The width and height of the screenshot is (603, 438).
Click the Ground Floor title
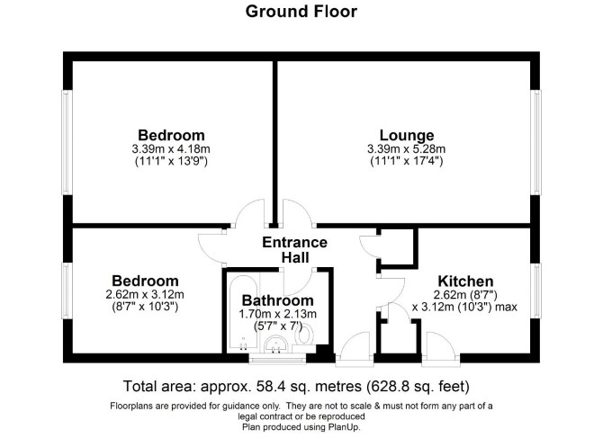[301, 11]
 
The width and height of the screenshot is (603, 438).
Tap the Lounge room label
[407, 135]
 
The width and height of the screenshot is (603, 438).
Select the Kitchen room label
[465, 282]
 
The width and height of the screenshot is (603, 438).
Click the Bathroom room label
[278, 300]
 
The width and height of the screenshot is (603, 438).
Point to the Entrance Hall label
[295, 250]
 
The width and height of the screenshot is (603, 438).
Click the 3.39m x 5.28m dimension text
[407, 148]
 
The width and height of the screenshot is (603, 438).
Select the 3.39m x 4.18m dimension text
[171, 148]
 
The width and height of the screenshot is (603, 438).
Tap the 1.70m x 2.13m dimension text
[278, 314]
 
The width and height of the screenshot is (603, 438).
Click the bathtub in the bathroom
[242, 313]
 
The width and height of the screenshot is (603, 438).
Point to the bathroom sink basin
[275, 344]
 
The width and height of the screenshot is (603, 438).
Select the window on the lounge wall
[535, 142]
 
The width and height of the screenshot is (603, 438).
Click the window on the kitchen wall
[535, 291]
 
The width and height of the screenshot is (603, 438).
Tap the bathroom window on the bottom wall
[277, 359]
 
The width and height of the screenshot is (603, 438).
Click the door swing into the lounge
[297, 212]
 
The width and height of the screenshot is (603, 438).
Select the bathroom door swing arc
[297, 283]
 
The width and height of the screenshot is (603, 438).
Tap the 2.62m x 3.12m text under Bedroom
[145, 295]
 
